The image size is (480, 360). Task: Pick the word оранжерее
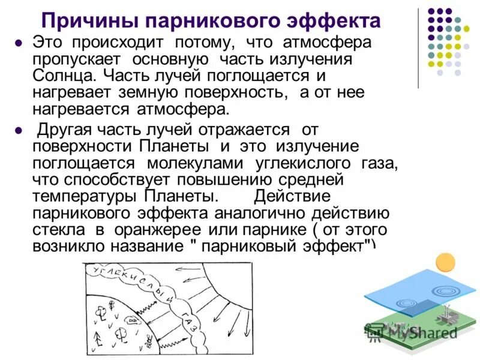pyautogui.click(x=156, y=229)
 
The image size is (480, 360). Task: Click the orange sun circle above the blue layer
pyautogui.click(x=445, y=263)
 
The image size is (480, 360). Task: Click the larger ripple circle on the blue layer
pyautogui.click(x=445, y=290)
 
